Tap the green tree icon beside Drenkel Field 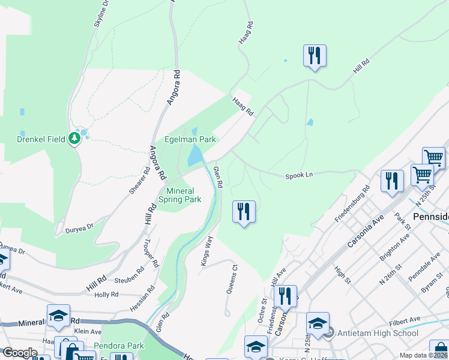[x=74, y=139]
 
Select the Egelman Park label [x=190, y=139]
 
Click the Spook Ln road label [x=300, y=176]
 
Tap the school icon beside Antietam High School [x=317, y=323]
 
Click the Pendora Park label [x=119, y=346]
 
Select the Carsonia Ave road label [x=366, y=232]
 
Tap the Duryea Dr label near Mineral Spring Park [x=80, y=229]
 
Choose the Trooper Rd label [x=151, y=254]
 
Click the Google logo [x=20, y=353]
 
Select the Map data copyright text [x=423, y=355]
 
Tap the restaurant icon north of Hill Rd [x=315, y=56]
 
